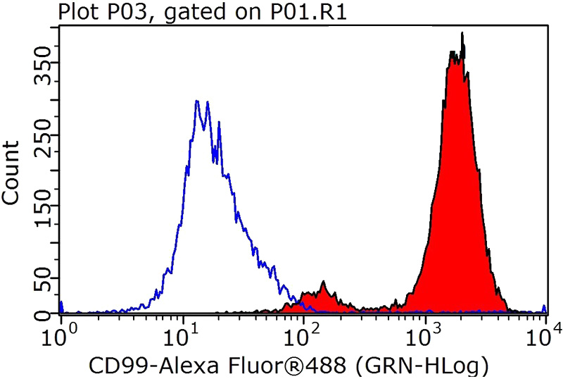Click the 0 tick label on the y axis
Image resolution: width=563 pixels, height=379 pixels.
46,312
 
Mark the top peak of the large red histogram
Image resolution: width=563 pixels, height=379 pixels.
462,33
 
